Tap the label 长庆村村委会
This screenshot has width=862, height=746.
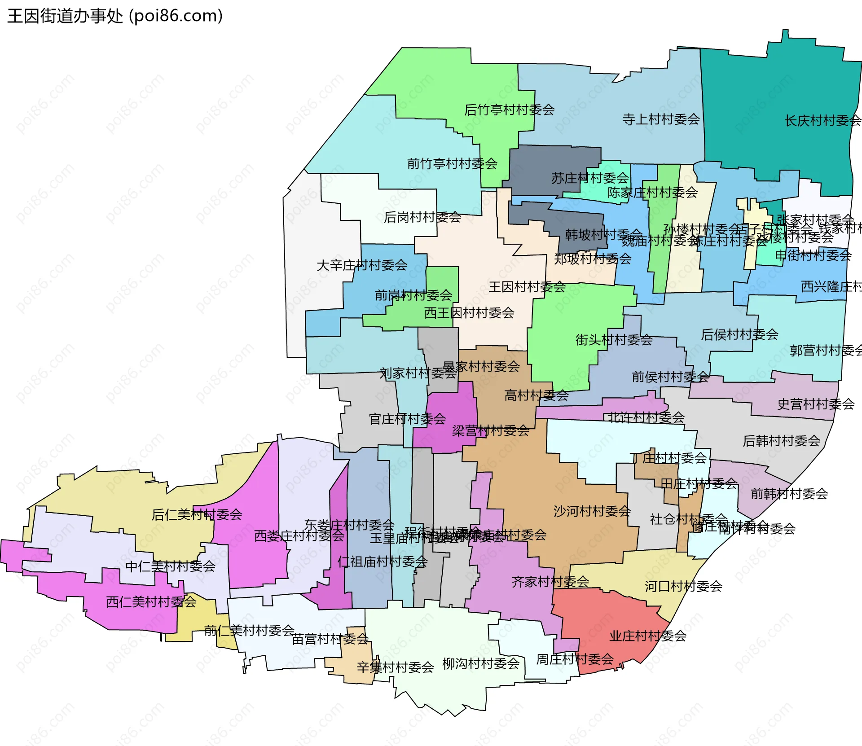tap(822, 121)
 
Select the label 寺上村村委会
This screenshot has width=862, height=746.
tap(661, 119)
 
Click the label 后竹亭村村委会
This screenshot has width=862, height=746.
tap(509, 110)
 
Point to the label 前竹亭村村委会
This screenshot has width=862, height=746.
tap(452, 164)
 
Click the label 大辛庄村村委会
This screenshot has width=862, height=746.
tap(362, 265)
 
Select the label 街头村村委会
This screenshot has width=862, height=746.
tap(614, 340)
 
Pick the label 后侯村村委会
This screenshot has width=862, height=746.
tap(739, 334)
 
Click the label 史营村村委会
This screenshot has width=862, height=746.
tap(815, 404)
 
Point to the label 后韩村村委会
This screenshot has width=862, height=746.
tap(781, 441)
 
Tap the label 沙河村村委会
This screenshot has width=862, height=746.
tap(592, 511)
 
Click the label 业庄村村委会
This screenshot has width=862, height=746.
tap(647, 636)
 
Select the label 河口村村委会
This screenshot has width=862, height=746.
tap(683, 587)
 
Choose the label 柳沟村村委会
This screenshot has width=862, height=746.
tap(481, 664)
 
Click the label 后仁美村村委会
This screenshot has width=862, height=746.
tap(197, 515)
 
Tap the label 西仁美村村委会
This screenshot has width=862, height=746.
tap(151, 602)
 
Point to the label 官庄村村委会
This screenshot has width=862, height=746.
tap(407, 419)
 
